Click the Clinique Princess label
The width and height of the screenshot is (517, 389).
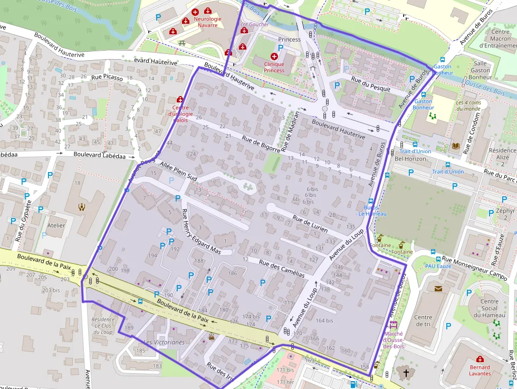(x=274, y=67)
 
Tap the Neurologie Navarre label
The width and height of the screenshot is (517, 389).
(x=207, y=22)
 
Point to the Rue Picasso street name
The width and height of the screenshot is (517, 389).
(x=107, y=78)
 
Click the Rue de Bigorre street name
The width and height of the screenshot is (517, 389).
(x=261, y=144)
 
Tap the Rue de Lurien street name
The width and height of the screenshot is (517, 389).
(x=310, y=224)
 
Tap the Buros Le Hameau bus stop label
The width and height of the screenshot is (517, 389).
(x=372, y=211)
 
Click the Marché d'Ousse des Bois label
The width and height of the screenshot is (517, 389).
(x=394, y=339)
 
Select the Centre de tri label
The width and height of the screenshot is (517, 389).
(x=423, y=320)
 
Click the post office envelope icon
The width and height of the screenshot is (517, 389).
(x=439, y=288)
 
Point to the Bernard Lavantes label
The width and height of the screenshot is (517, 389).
(x=480, y=370)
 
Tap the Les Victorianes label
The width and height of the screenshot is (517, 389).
(x=164, y=342)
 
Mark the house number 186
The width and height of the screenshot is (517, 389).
(x=232, y=273)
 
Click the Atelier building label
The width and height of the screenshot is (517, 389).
(x=56, y=225)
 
